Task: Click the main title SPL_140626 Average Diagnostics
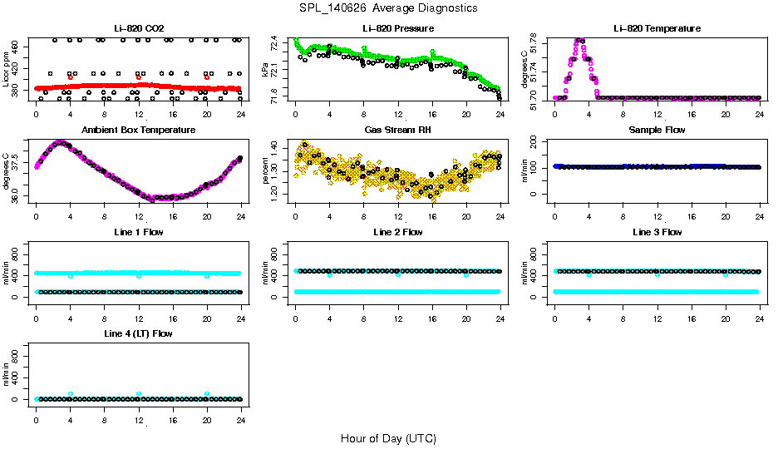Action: coord(389,8)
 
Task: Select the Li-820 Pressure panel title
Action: coord(397,28)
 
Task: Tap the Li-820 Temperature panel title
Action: coord(657,28)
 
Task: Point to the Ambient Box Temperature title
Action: coord(138,131)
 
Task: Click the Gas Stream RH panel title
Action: coord(397,131)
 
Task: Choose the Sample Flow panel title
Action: coord(657,131)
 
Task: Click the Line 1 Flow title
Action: coord(138,232)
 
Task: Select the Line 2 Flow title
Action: coord(397,232)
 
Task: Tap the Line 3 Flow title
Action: coord(657,232)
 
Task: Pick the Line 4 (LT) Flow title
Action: coord(138,333)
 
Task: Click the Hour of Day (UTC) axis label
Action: coord(388,438)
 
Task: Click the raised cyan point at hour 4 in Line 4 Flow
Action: coord(71,394)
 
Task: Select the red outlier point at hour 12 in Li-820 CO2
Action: coord(139,78)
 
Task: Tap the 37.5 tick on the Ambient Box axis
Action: coord(15,165)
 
